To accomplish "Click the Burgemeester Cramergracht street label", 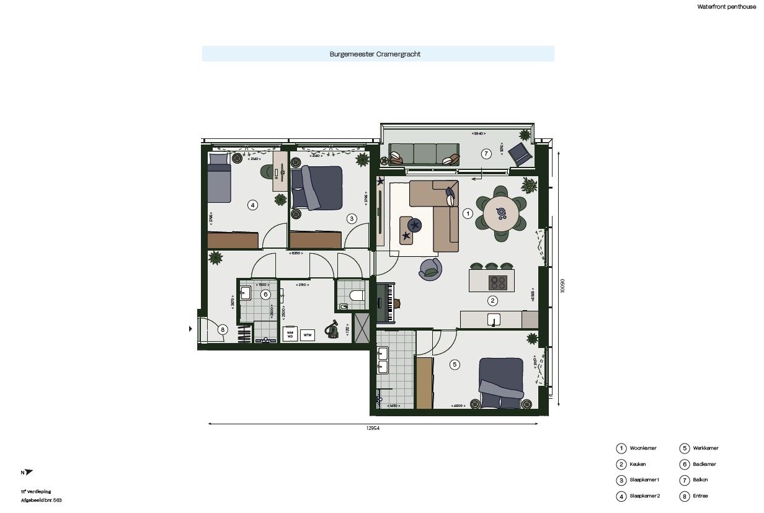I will (x=375, y=54).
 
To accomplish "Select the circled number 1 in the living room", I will (x=468, y=213).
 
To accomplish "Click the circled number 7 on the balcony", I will (x=486, y=153).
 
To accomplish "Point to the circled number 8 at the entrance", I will (x=222, y=330).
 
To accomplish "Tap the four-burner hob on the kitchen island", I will (x=498, y=283).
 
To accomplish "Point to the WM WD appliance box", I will (x=289, y=334).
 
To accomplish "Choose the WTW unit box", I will (x=307, y=335).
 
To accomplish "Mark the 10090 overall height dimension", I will (x=562, y=285).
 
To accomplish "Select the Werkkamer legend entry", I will (x=706, y=448).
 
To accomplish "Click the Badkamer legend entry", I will (x=706, y=464).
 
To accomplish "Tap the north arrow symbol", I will (x=28, y=472).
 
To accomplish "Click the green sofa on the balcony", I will (x=424, y=153).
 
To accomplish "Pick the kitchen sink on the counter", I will (x=494, y=319).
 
